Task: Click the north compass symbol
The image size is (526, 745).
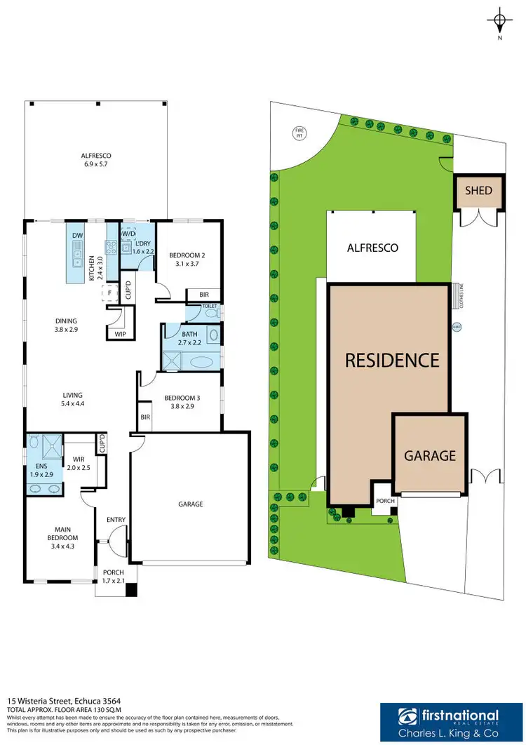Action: tap(499, 20)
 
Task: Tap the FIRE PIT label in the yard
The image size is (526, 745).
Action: tap(299, 132)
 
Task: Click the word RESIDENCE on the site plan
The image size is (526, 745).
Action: tap(392, 360)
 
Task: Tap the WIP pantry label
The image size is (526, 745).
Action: tap(121, 335)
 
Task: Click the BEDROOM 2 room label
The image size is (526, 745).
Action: tap(187, 259)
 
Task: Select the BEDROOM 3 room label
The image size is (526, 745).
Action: tap(182, 402)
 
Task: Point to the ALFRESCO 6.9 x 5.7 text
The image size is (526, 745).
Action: tap(96, 159)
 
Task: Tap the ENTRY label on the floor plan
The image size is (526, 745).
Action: tap(116, 520)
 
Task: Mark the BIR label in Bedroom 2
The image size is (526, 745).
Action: tap(203, 295)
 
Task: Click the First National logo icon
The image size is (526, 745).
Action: tap(407, 717)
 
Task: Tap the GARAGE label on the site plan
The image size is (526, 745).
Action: tap(429, 456)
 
